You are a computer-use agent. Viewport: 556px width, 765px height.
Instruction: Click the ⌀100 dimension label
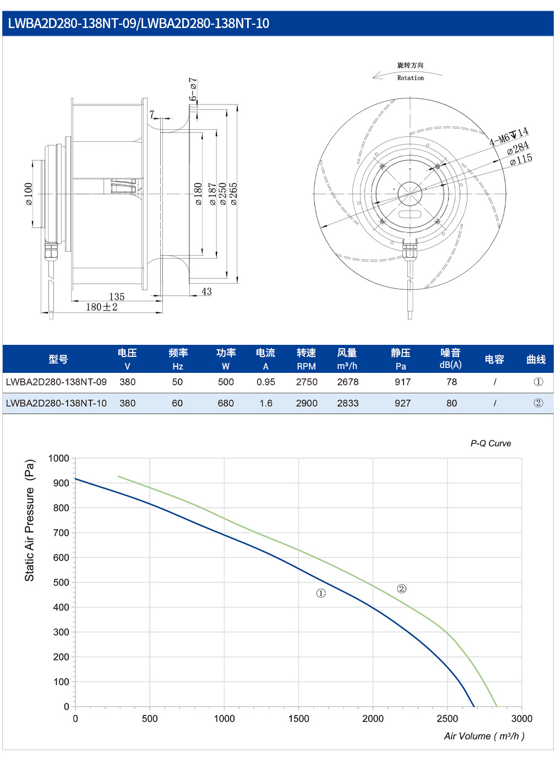tap(29, 194)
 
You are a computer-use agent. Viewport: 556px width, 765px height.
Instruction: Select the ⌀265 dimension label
tap(233, 194)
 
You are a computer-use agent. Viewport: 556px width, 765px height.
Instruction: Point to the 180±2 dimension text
tap(101, 307)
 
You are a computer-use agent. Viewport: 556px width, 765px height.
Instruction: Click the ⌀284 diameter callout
tap(518, 147)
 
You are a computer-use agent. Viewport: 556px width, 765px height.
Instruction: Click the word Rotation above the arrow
tap(410, 78)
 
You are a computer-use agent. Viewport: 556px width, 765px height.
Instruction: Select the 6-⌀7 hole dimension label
tap(193, 89)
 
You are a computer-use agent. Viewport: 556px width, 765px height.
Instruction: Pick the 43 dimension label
tap(206, 291)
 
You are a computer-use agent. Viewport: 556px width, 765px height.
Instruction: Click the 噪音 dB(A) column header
tap(450, 359)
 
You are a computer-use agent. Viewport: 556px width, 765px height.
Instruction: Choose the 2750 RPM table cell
tap(307, 382)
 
